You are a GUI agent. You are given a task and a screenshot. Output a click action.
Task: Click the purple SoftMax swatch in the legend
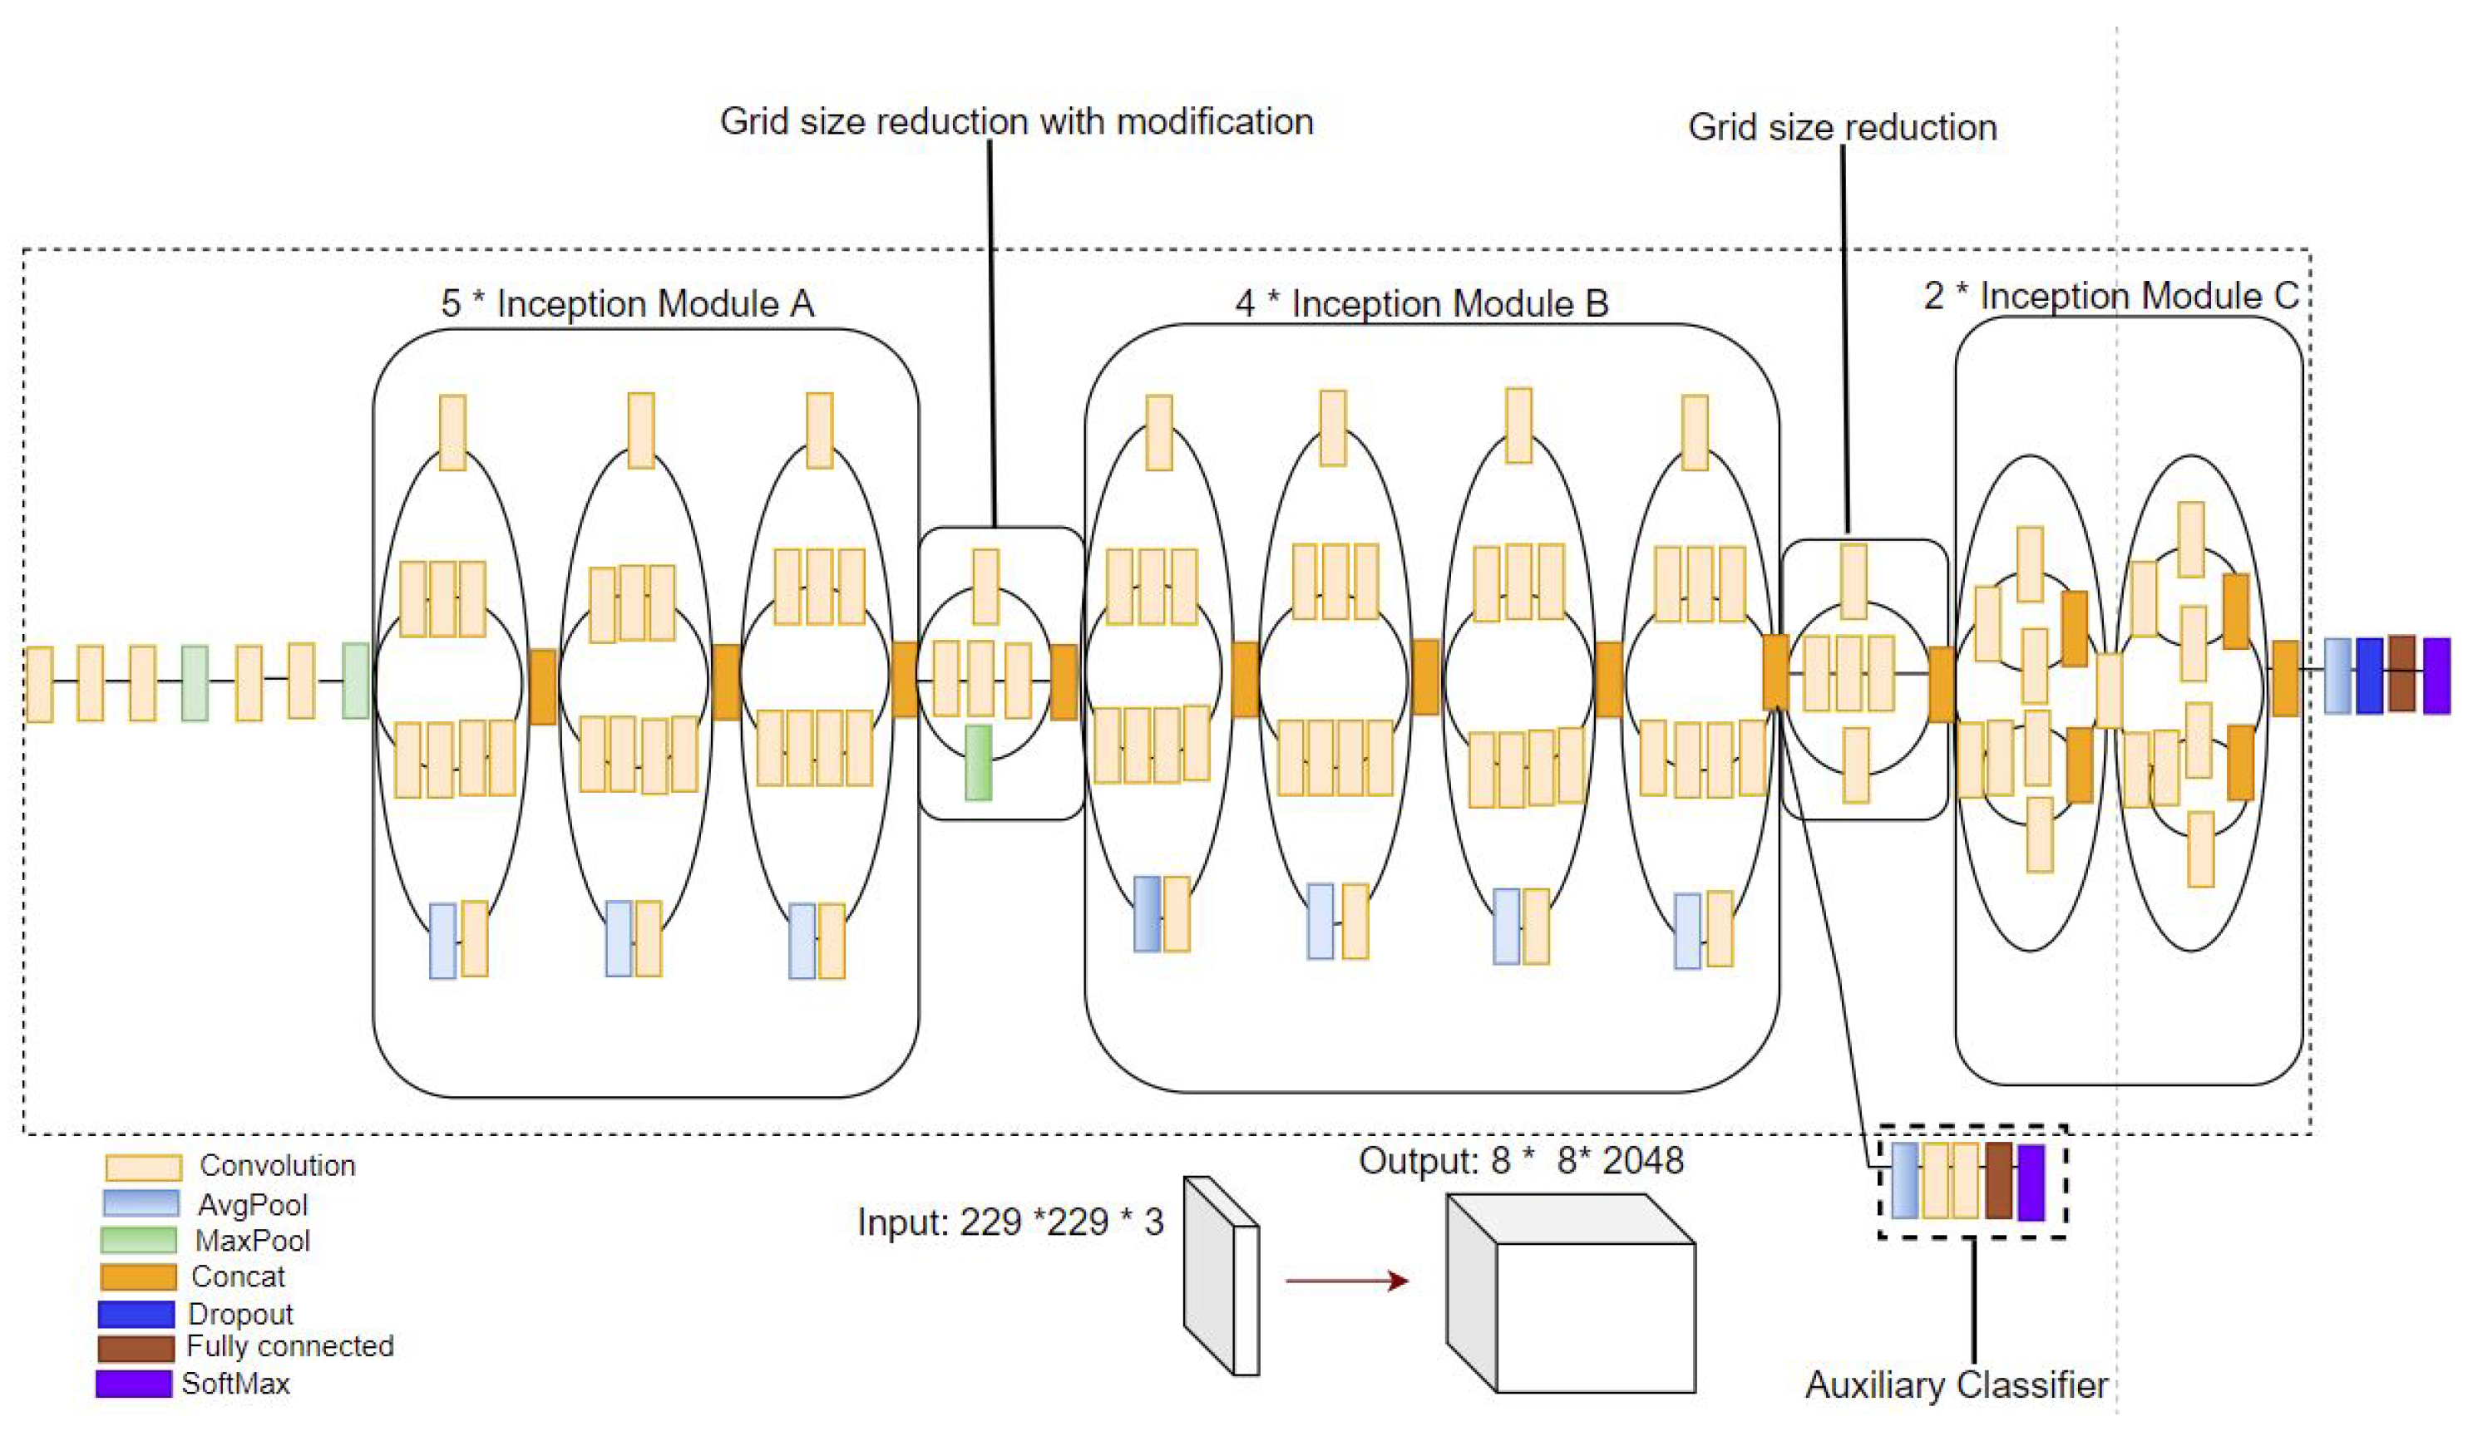coord(134,1384)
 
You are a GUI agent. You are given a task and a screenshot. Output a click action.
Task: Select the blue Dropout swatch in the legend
coord(136,1314)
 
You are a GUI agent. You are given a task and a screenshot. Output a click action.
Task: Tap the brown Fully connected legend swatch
coord(136,1347)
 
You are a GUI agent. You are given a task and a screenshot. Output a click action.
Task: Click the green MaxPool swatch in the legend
coord(138,1240)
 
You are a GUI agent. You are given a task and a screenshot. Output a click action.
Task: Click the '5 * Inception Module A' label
coord(627,303)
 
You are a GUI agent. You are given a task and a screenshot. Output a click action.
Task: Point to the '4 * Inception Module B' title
coord(1422,303)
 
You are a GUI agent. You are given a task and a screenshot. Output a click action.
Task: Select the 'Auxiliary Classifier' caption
coord(1956,1385)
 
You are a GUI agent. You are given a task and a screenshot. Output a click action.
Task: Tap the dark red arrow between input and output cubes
coord(1346,1281)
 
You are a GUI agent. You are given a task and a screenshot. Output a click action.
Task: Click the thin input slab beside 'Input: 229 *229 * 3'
coord(1221,1276)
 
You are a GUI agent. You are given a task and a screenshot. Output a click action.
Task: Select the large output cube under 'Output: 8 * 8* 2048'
coord(1570,1295)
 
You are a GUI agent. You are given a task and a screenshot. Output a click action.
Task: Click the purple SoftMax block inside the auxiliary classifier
coord(2031,1181)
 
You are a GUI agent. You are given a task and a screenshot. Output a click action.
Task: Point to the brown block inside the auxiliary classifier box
coord(1998,1180)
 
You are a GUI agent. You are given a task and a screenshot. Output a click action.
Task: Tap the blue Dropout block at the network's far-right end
coord(2369,675)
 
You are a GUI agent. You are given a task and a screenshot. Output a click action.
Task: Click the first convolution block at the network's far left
coord(39,684)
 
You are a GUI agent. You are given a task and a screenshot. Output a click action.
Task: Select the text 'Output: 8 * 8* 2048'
coord(1520,1161)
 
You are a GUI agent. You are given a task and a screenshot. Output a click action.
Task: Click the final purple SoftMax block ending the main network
coord(2436,675)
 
